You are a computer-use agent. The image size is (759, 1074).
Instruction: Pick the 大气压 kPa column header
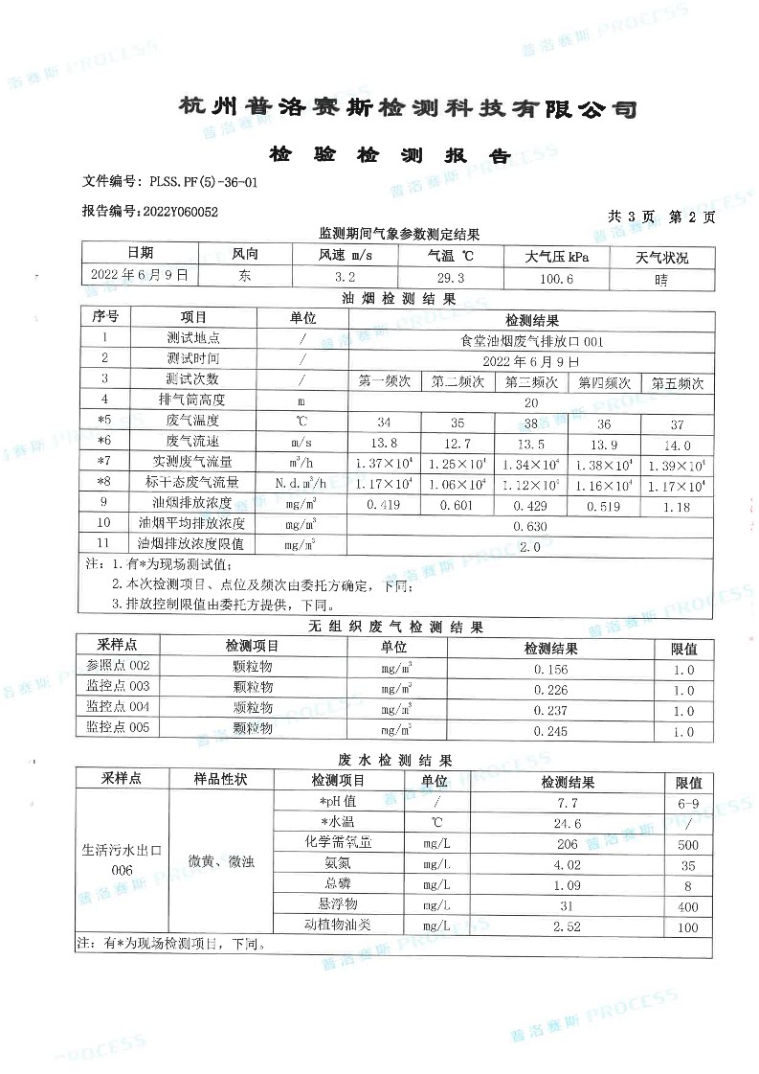557,256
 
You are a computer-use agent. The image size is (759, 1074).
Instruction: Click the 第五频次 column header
677,381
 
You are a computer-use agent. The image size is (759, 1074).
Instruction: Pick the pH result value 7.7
568,802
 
